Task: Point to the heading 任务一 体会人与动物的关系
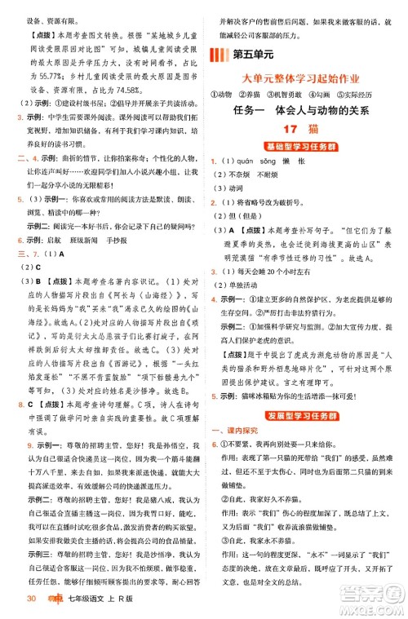(295, 110)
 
